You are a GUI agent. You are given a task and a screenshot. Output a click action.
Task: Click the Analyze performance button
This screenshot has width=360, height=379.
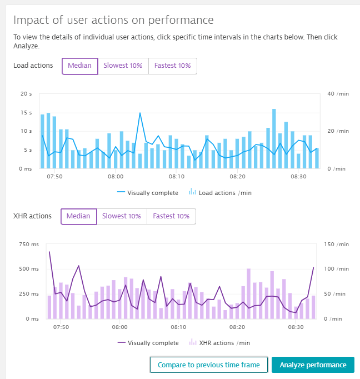pos(313,365)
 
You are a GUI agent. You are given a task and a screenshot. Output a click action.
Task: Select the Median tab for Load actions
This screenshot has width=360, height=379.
pos(79,66)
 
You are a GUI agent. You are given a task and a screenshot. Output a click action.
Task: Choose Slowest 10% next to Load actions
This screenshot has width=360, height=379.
pos(123,66)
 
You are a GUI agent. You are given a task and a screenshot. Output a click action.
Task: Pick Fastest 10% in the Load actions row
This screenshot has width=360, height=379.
pos(172,66)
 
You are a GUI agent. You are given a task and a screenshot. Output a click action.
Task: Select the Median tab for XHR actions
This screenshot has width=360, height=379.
pos(78,216)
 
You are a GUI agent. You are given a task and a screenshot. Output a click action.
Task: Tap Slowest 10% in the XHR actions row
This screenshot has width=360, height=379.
pos(122,216)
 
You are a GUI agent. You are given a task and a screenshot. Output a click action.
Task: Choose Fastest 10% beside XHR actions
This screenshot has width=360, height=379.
pos(171,216)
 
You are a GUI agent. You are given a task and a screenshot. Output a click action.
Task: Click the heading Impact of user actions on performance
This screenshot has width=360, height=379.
pos(113,20)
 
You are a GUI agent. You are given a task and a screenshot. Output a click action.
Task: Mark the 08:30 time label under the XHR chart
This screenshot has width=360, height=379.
pos(298,327)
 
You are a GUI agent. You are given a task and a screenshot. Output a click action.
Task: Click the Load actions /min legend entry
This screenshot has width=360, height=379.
pos(221,193)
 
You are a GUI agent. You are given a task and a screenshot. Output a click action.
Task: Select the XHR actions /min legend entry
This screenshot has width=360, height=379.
pos(220,343)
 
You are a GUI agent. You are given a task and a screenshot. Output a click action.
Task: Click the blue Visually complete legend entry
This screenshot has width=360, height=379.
pos(148,193)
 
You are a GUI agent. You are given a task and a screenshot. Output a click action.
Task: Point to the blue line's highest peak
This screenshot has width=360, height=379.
pos(140,113)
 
